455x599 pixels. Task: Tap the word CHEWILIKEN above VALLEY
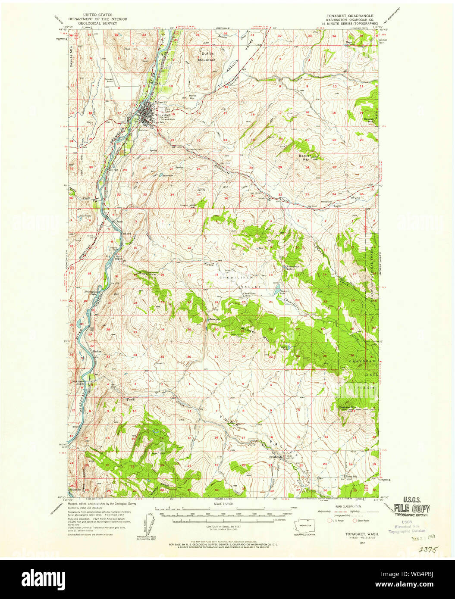pos(233,278)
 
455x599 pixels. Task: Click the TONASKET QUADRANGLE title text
pos(349,15)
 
